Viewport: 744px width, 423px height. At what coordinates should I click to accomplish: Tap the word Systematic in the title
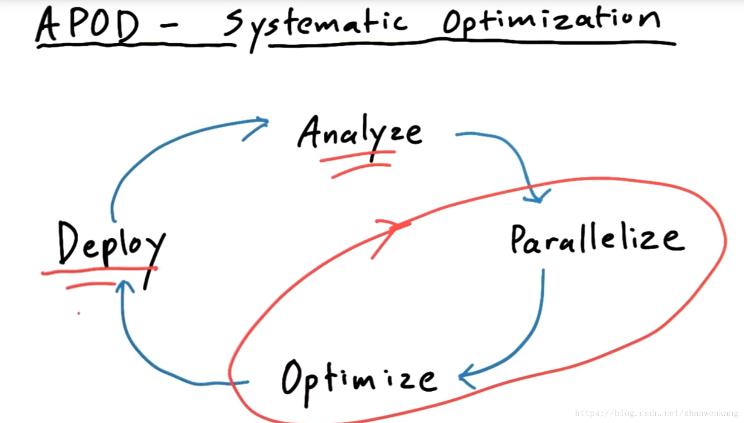[315, 25]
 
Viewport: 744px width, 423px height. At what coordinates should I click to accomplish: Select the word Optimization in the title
[550, 22]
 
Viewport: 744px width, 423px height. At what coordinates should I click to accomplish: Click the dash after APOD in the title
[169, 26]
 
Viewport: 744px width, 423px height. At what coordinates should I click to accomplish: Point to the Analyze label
[359, 133]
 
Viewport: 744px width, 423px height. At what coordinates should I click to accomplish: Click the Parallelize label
[597, 239]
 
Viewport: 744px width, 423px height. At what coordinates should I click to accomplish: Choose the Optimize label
[358, 379]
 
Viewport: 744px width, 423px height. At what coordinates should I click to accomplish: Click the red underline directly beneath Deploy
[99, 271]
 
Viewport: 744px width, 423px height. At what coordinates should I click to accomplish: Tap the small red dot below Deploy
[78, 313]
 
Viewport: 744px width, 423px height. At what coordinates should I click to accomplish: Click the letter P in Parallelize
[518, 239]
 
